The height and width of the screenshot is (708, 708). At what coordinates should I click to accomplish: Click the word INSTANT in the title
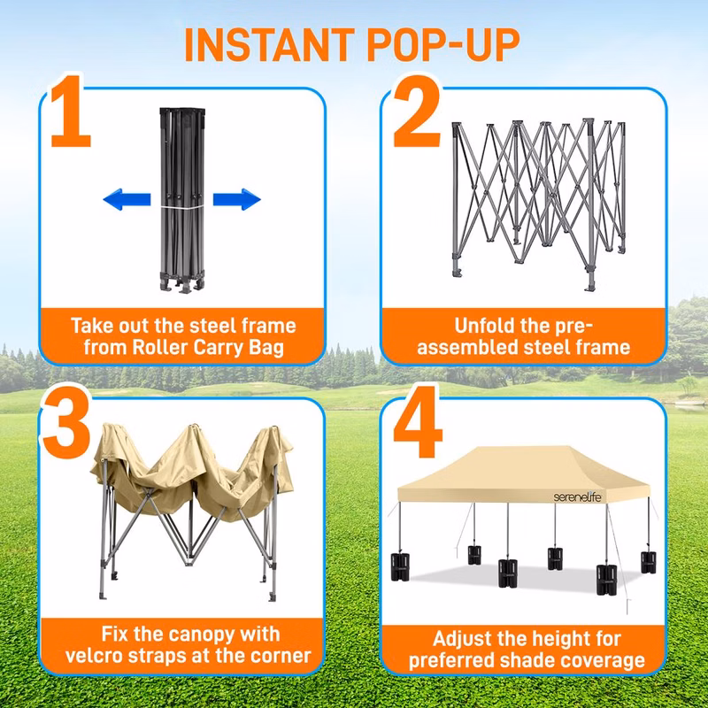coord(270,44)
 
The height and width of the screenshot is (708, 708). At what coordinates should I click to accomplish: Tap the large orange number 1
coord(72,112)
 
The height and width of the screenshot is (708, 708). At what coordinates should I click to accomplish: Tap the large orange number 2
coord(416,112)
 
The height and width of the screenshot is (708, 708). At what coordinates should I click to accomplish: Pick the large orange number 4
coord(417,423)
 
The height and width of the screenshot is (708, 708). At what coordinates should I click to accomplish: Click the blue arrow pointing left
coord(127,199)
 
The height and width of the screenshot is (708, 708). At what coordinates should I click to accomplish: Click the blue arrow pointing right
coord(237,199)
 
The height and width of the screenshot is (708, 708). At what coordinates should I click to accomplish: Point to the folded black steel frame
coord(182,201)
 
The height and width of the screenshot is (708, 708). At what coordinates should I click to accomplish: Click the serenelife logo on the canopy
coord(578,497)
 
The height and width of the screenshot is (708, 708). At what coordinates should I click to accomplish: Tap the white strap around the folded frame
coord(182,207)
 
